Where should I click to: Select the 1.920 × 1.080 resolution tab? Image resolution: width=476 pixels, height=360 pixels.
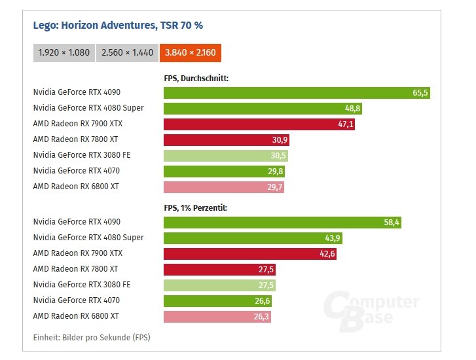coord(64,52)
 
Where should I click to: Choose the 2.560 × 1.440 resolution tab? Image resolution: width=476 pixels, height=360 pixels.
coord(127,52)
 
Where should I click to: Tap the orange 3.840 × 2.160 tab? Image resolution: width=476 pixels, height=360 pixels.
coord(191,52)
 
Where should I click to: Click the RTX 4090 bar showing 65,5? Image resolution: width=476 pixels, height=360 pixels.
coord(296,93)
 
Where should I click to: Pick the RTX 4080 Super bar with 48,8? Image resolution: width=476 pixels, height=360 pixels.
coord(262,109)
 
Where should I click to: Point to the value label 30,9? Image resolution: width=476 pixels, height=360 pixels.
coord(280,140)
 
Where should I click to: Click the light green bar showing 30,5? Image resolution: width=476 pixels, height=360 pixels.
coord(225,156)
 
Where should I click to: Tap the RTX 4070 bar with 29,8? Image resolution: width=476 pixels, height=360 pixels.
coord(224,171)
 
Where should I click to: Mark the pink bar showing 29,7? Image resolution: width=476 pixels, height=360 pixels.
coord(223,187)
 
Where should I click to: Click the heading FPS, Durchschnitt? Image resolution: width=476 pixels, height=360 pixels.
coord(195,79)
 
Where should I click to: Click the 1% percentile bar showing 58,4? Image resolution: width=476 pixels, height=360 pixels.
coord(282,223)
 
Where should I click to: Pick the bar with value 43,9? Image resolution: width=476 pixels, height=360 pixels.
coord(252,238)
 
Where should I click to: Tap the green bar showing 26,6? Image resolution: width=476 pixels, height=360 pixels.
coord(217,301)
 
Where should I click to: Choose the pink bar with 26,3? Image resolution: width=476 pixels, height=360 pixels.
coord(216,317)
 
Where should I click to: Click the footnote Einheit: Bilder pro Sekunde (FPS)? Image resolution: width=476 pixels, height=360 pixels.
coord(91,337)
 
